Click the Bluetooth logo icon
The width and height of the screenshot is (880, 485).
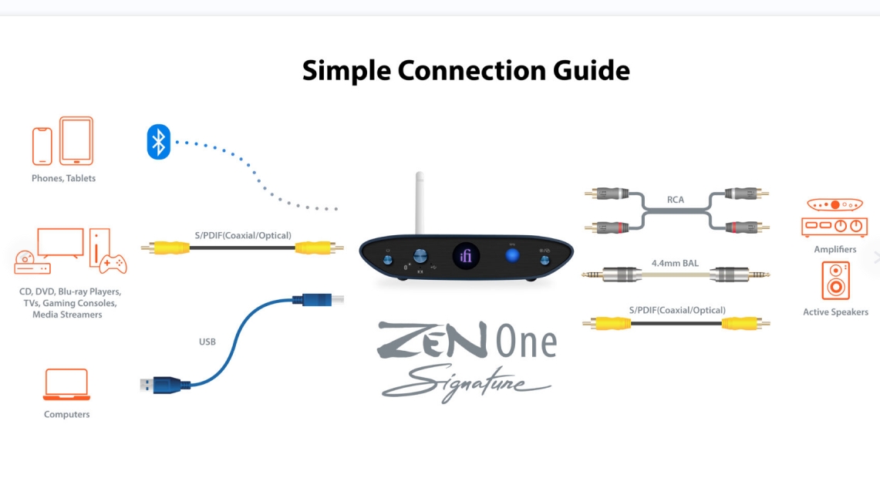pos(159,141)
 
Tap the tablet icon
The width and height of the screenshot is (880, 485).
pos(76,141)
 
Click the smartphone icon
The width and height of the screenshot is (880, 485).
pos(42,147)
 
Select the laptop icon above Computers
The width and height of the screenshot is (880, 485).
pos(67,385)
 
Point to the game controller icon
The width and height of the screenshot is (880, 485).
pos(113,263)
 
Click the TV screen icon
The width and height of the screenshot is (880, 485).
pos(60,243)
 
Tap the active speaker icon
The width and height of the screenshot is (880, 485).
pos(836,281)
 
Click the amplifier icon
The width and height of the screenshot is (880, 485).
pos(834,217)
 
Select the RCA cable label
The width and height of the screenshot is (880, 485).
pos(675,200)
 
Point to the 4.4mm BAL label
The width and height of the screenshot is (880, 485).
pos(675,263)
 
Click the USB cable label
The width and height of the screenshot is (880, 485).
pos(207,342)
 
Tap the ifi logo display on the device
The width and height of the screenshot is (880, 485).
pos(466,257)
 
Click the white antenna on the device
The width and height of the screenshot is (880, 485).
pos(420,203)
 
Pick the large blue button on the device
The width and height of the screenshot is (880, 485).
pos(512,256)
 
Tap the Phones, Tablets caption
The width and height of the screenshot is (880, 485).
pos(63,179)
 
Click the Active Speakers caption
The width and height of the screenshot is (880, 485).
pos(836,312)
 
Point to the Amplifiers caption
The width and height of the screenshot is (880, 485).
pos(835,249)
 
